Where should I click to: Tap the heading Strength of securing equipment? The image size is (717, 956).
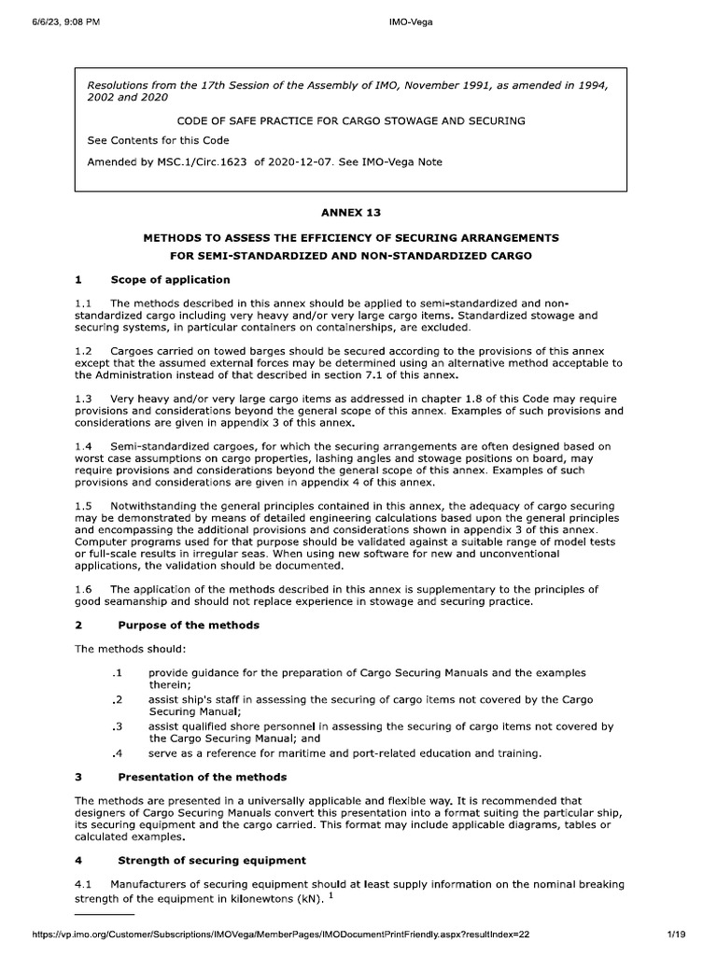(x=211, y=860)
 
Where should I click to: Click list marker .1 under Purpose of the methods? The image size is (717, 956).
(x=117, y=672)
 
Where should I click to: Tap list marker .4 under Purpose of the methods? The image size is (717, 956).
(x=117, y=752)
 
